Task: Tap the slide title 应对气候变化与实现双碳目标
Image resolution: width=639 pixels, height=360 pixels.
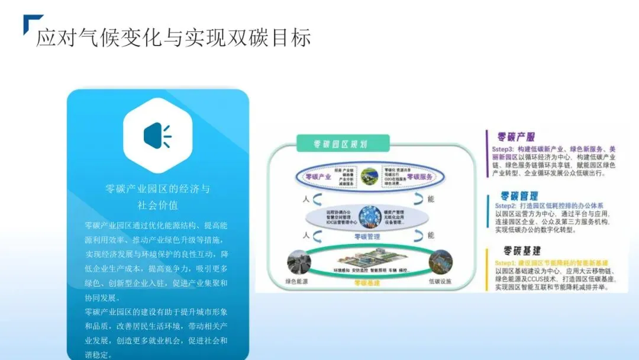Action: tap(173, 38)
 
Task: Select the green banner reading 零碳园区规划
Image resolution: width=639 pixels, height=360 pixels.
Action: tap(343, 144)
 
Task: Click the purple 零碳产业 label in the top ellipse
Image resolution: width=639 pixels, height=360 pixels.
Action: tap(318, 177)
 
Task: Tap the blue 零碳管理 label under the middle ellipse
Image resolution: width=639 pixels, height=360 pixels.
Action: tap(367, 237)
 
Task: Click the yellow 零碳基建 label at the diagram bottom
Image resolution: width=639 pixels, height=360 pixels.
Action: tap(367, 282)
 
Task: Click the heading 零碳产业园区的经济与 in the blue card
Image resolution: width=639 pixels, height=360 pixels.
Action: tap(157, 189)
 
